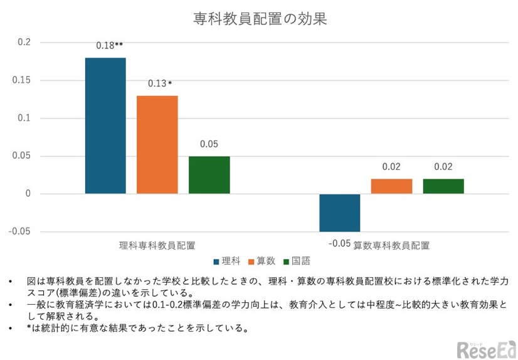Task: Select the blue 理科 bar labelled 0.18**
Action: coord(105,125)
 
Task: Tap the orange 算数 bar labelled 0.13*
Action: coord(157,144)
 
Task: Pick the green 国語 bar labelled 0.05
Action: coord(209,175)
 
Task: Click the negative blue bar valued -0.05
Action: coord(339,213)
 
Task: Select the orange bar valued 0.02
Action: coord(391,186)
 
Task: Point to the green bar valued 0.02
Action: coord(443,186)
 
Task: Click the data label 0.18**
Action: coord(109,46)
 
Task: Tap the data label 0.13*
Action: coord(159,83)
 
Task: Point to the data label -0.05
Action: coord(339,243)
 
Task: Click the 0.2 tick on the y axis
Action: coord(24,43)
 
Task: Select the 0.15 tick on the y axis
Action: coord(21,80)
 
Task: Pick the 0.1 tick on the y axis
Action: coord(24,118)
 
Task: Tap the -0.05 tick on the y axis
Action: coord(19,231)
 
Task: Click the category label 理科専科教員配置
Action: coord(157,245)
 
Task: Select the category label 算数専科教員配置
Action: coord(391,245)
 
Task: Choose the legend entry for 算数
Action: coord(262,261)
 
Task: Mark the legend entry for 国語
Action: coord(297,261)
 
